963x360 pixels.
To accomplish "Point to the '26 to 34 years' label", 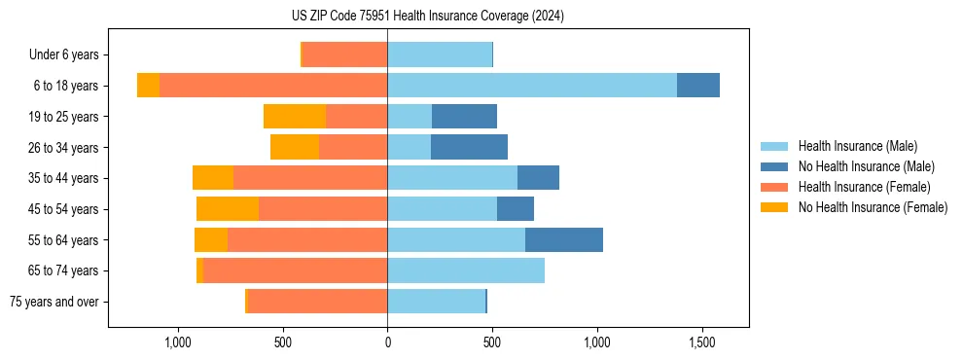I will pos(62,148).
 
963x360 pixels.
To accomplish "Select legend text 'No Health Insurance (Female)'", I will pos(873,207).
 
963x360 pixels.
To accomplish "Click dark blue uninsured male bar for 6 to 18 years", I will pos(698,86).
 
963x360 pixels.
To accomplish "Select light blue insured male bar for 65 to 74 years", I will pos(466,270).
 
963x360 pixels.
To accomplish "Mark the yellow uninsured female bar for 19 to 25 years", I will pos(295,117).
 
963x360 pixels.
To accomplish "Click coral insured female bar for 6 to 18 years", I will pos(273,86).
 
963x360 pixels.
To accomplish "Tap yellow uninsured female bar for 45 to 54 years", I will pos(228,209).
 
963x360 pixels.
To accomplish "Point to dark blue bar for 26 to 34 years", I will pos(469,148).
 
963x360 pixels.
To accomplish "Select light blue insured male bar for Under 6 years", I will pos(440,55).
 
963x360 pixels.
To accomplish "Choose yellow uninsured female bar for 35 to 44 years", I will pos(213,178).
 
